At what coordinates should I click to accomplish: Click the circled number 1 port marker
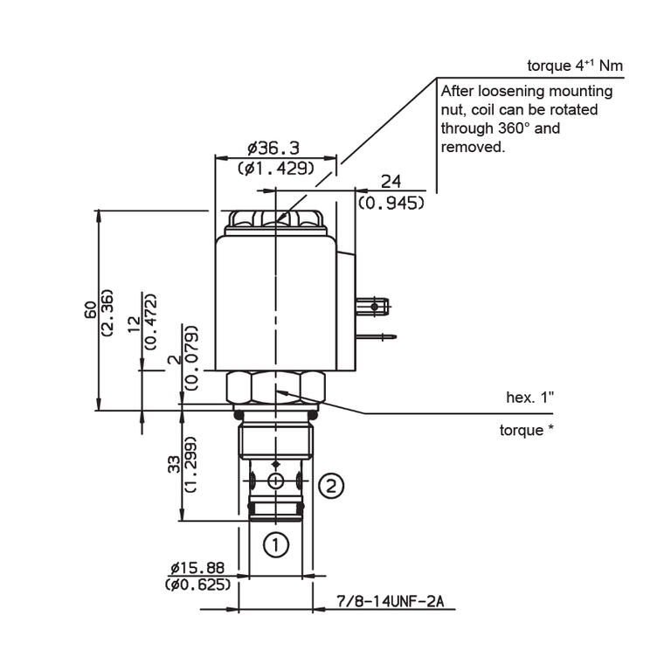pos(276,546)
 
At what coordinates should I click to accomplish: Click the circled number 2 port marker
pos(330,487)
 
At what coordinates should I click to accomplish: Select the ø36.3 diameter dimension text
pos(273,149)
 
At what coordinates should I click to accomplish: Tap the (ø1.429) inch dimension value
pos(275,168)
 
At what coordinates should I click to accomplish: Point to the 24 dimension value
pos(391,181)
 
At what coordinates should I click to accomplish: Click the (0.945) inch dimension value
pos(391,202)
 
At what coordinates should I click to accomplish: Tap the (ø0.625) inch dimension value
pos(197,585)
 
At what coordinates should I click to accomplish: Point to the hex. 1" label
pos(530,398)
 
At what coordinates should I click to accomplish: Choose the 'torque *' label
pos(526,430)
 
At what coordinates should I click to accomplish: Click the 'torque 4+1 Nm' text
pos(575,66)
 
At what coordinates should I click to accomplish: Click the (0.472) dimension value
pos(149,321)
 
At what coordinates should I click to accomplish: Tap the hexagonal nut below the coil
pos(275,386)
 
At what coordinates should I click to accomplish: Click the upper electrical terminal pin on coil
pos(373,306)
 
